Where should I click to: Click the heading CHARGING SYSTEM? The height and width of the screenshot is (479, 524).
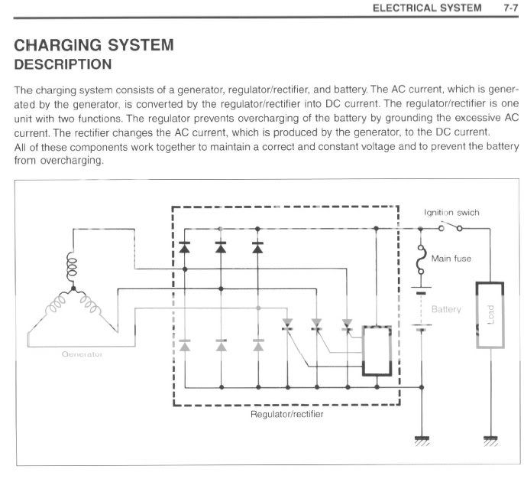pyautogui.click(x=94, y=45)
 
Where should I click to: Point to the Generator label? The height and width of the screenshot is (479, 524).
pyautogui.click(x=78, y=354)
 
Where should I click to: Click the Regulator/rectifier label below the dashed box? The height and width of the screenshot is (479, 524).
pyautogui.click(x=286, y=414)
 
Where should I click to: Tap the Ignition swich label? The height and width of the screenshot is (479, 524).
pyautogui.click(x=452, y=212)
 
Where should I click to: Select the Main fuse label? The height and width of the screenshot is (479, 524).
pyautogui.click(x=451, y=259)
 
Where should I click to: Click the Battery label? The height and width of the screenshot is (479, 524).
pyautogui.click(x=447, y=310)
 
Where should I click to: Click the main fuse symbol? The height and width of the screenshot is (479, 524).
pyautogui.click(x=419, y=262)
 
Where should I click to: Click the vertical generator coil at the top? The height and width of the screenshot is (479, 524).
pyautogui.click(x=73, y=268)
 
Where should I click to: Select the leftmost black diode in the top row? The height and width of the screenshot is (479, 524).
pyautogui.click(x=184, y=246)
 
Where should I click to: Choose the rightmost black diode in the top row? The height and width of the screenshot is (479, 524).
pyautogui.click(x=257, y=246)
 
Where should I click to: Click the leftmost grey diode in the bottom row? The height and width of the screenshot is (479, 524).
pyautogui.click(x=184, y=347)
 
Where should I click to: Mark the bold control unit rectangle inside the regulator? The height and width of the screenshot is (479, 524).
pyautogui.click(x=377, y=351)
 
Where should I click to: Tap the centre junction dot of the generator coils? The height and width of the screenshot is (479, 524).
pyautogui.click(x=73, y=290)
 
